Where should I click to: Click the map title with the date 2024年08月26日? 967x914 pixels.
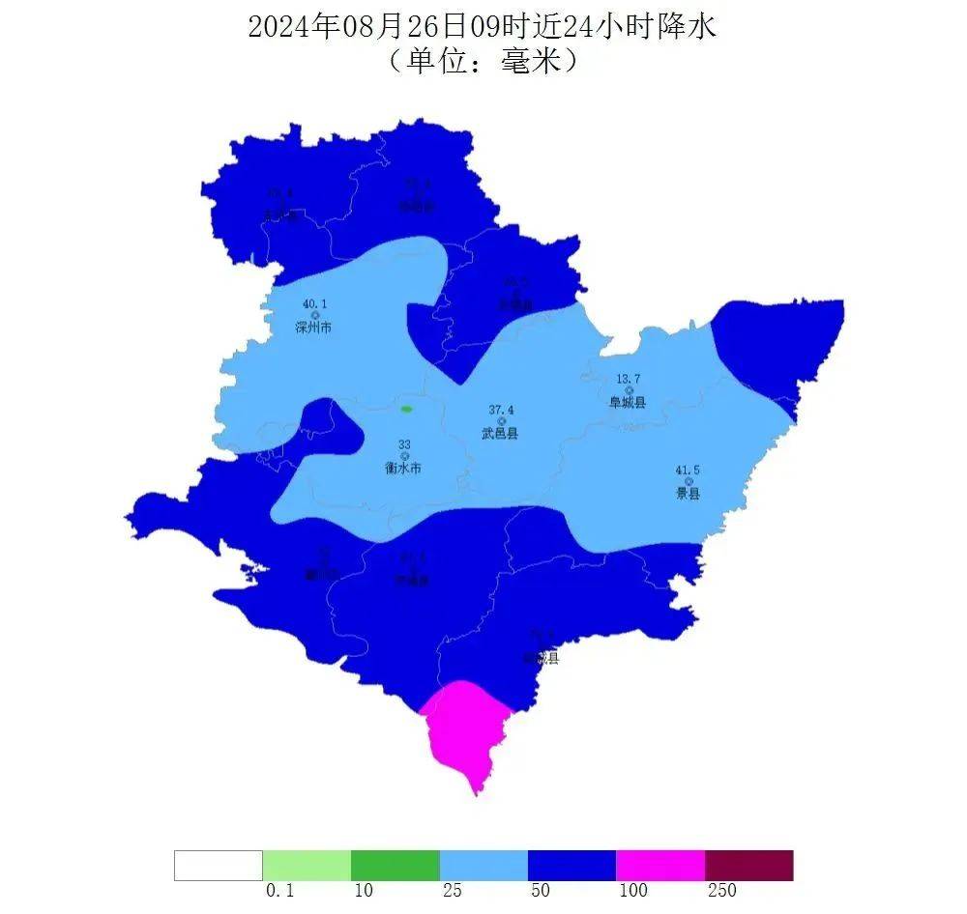coord(482,26)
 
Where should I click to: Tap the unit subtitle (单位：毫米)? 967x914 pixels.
coord(482,61)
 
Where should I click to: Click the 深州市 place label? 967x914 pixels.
coord(313,328)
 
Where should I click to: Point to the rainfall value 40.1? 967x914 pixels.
coord(313,303)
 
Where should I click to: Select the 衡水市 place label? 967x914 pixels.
coord(403,468)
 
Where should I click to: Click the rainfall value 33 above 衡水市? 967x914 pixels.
coord(404,444)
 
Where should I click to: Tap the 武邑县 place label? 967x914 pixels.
coord(500,434)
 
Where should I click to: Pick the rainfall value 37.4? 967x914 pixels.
coord(501,410)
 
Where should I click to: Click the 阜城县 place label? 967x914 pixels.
coord(627,403)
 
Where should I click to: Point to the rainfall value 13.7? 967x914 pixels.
coord(629,379)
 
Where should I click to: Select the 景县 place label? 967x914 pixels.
coord(688,494)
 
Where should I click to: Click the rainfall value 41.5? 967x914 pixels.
coord(689,470)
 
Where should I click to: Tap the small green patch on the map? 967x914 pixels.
coord(407,410)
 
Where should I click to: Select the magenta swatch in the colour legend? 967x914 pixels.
coord(660,865)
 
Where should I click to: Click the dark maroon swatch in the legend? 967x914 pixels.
coord(748,865)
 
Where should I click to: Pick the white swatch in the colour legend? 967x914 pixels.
coord(219,865)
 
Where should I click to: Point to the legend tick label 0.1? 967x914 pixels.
coord(278,891)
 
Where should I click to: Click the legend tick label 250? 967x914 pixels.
coord(721,891)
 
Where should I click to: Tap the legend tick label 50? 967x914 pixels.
coord(541,891)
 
